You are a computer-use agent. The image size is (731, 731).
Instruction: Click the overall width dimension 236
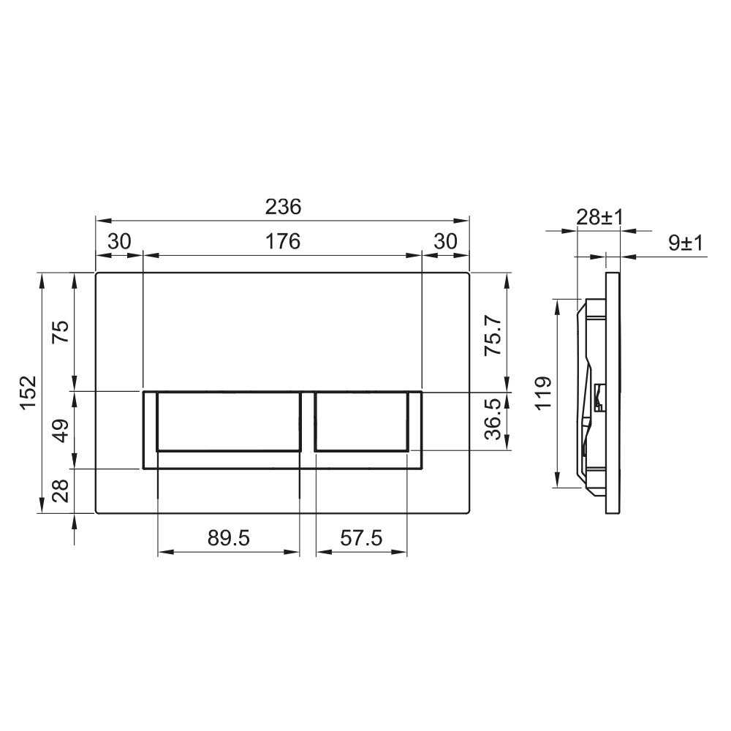pyautogui.click(x=282, y=208)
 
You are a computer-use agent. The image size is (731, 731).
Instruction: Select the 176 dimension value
pyautogui.click(x=282, y=241)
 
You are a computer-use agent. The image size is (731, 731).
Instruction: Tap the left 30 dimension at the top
pyautogui.click(x=118, y=241)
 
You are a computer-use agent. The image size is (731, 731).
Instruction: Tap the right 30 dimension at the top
pyautogui.click(x=445, y=241)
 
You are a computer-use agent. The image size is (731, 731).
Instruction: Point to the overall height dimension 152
pyautogui.click(x=28, y=393)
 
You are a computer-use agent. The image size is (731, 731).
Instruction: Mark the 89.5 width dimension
pyautogui.click(x=228, y=538)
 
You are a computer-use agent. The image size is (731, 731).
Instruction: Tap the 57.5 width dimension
pyautogui.click(x=361, y=538)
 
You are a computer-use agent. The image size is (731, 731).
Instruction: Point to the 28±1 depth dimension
pyautogui.click(x=599, y=217)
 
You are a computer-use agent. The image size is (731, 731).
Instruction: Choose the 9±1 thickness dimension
pyautogui.click(x=685, y=243)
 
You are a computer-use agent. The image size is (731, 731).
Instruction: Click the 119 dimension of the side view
pyautogui.click(x=542, y=393)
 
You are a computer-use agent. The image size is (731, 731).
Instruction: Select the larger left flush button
pyautogui.click(x=228, y=421)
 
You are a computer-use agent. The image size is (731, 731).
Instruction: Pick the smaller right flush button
pyautogui.click(x=361, y=421)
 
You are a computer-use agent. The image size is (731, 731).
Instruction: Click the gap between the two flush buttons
pyautogui.click(x=308, y=424)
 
